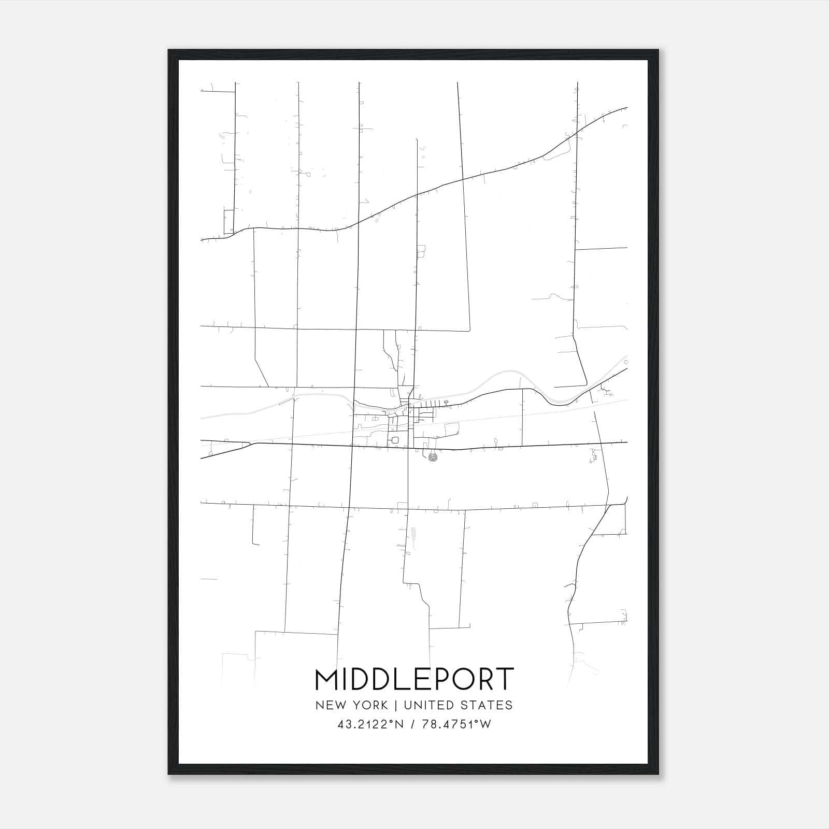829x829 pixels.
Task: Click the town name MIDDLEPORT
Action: coord(414,679)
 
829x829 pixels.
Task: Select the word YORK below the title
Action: coord(370,705)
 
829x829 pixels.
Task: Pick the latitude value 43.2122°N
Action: coord(370,724)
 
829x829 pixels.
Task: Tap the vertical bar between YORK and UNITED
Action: coord(395,705)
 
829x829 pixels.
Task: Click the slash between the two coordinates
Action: coord(412,724)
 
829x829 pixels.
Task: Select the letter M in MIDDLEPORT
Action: coord(327,679)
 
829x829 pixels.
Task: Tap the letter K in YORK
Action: coord(383,705)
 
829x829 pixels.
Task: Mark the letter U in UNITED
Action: coord(407,705)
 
